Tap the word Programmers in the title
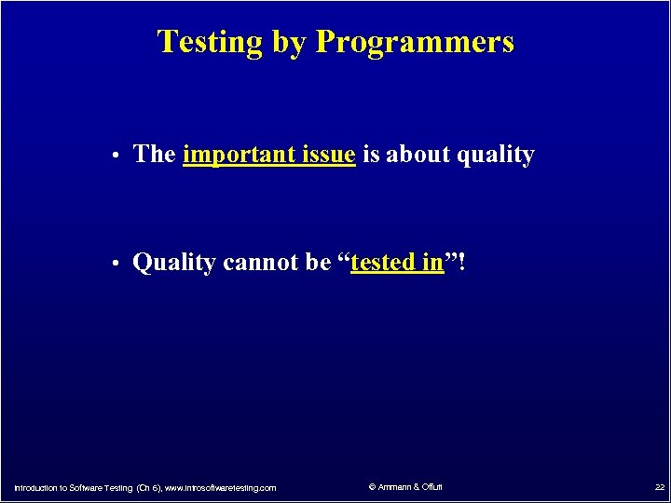[415, 42]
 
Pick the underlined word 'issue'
[328, 155]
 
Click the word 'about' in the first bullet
[418, 155]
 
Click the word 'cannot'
[261, 263]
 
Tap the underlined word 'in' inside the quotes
[432, 263]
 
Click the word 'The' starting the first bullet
[155, 155]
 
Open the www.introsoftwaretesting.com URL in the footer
[220, 487]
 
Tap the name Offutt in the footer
[431, 486]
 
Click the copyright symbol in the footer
[371, 486]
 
